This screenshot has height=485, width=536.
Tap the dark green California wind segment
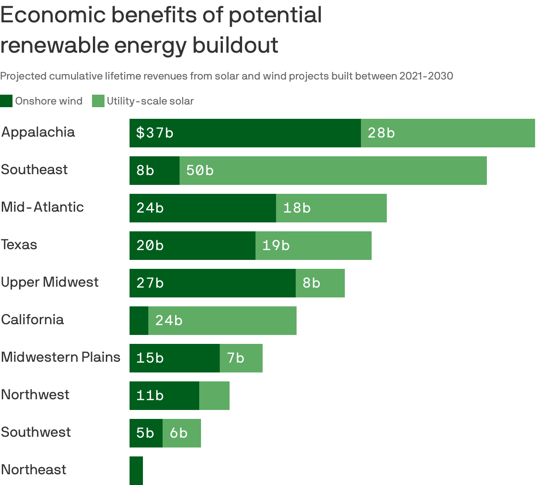click(139, 321)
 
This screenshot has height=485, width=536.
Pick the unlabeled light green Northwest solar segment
click(214, 396)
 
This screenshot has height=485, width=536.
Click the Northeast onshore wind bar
click(136, 470)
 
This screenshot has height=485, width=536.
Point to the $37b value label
click(155, 133)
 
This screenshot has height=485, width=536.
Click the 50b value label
click(200, 171)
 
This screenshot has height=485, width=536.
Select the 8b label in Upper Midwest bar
click(311, 283)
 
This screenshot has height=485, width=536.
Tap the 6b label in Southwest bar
click(179, 433)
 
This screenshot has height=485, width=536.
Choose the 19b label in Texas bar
click(276, 246)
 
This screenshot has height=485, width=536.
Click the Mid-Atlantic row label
click(42, 207)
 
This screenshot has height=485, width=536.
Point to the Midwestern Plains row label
click(61, 357)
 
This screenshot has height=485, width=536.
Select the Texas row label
click(19, 245)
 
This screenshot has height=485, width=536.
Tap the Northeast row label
click(33, 470)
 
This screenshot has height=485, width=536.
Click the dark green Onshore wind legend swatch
click(6, 101)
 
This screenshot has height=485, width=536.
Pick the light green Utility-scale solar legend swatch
click(98, 101)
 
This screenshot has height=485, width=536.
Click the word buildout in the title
click(235, 45)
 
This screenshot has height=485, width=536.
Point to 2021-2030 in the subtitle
click(426, 76)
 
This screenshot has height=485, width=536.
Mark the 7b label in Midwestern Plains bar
click(235, 358)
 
